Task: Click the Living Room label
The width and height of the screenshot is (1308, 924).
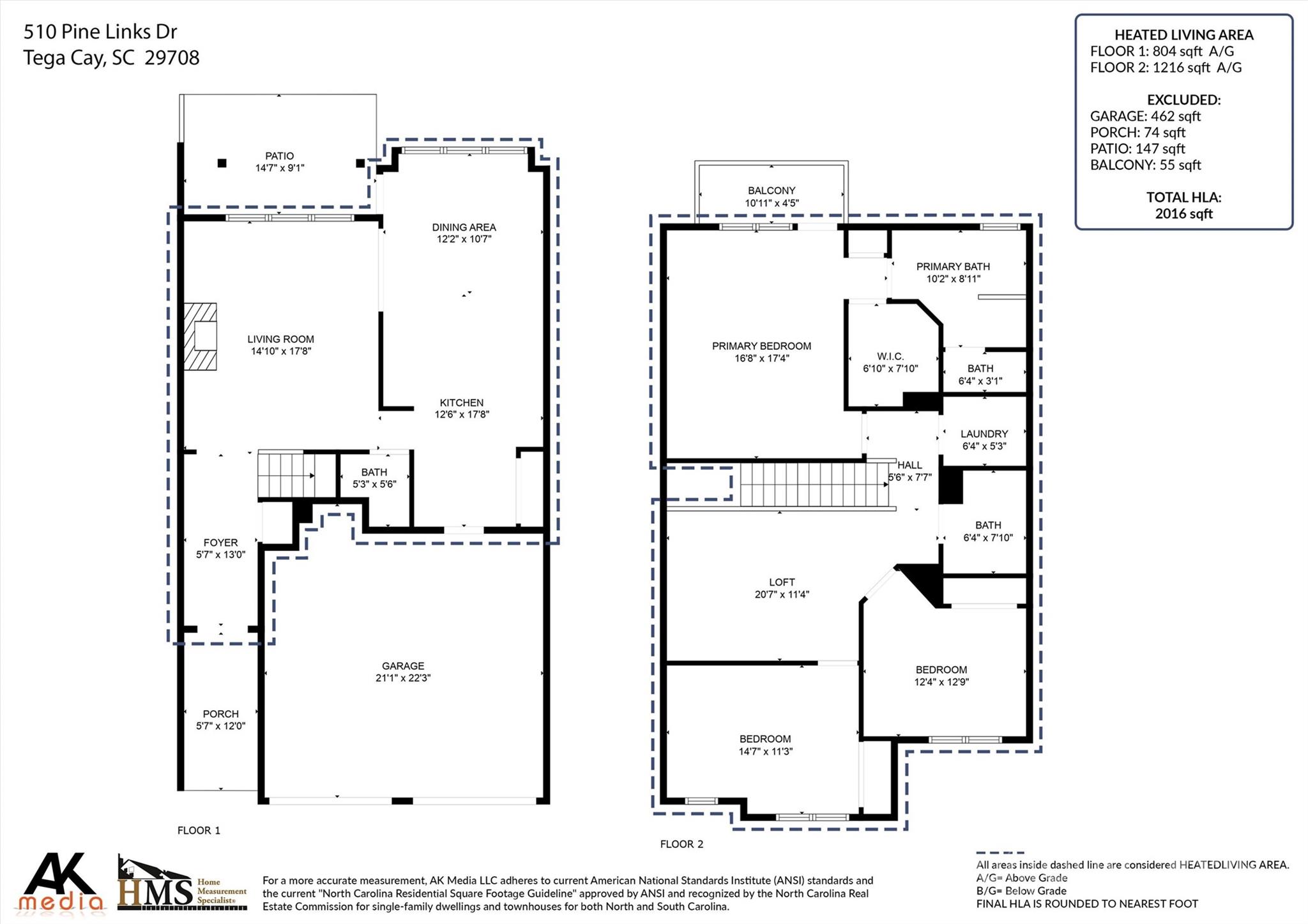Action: [x=280, y=339]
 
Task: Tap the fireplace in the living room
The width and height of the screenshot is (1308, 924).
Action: [x=200, y=337]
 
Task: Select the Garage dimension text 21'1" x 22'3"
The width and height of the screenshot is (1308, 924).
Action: [x=403, y=678]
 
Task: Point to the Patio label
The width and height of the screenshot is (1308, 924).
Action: [x=280, y=156]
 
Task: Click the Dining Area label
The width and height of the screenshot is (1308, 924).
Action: [x=464, y=227]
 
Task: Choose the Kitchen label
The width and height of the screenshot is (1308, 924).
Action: [x=462, y=403]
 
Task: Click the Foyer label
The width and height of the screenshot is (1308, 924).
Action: [x=220, y=543]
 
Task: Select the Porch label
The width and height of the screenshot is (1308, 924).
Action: [x=221, y=714]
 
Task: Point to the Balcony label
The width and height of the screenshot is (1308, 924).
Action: [x=772, y=191]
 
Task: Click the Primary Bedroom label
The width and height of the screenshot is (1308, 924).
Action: [x=762, y=346]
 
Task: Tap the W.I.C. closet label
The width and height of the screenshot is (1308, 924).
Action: [x=890, y=356]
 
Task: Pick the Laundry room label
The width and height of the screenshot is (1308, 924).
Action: [x=984, y=434]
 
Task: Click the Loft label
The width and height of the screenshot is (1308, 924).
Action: [x=782, y=582]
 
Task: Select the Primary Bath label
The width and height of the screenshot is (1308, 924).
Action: [x=953, y=267]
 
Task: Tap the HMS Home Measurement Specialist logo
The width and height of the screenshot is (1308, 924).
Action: [x=183, y=884]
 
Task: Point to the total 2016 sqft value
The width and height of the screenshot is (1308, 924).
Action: [x=1183, y=214]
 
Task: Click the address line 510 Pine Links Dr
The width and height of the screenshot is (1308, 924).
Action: [x=100, y=31]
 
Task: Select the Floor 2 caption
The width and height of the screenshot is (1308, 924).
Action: [x=681, y=844]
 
